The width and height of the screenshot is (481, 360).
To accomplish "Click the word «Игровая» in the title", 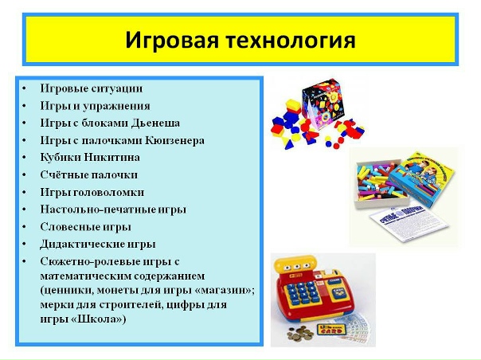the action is pyautogui.click(x=172, y=41).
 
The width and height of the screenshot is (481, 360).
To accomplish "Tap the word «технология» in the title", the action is pyautogui.click(x=291, y=41).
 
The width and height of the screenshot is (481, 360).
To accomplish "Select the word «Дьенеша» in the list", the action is pyautogui.click(x=155, y=123).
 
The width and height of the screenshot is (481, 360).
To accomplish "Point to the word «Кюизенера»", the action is pyautogui.click(x=174, y=140).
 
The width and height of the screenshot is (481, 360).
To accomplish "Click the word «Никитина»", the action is pyautogui.click(x=112, y=158).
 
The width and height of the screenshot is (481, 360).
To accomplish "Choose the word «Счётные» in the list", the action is pyautogui.click(x=64, y=175).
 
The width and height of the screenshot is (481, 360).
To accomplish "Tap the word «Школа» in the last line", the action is pyautogui.click(x=96, y=319).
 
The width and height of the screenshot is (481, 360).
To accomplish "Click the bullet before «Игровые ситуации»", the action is pyautogui.click(x=24, y=89).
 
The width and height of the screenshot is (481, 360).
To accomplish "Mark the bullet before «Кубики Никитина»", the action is pyautogui.click(x=24, y=158).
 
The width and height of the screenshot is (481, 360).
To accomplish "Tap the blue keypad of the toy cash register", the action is pyautogui.click(x=303, y=292).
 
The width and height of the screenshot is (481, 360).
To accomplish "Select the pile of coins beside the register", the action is pyautogui.click(x=300, y=333).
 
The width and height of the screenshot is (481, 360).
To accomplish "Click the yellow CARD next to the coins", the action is pyautogui.click(x=330, y=330).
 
